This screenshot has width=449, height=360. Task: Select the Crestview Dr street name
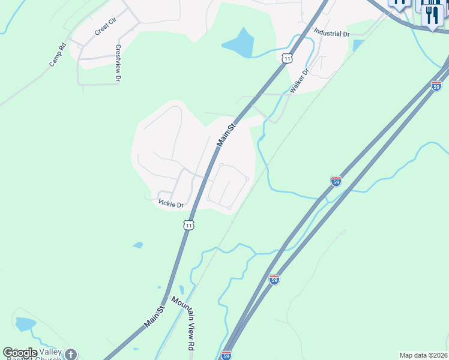118,63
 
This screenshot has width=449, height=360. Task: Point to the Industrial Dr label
331,34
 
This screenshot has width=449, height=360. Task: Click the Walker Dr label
299,81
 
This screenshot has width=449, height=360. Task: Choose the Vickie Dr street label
171,204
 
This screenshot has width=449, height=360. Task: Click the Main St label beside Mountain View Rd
154,316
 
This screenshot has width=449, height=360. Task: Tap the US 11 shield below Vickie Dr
189,225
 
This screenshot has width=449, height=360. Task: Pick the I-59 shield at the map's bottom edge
226,355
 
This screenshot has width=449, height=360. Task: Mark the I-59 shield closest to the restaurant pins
436,86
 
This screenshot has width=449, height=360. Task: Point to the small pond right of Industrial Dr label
358,45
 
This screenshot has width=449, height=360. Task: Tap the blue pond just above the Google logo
26,325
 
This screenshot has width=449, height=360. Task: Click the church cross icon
71,355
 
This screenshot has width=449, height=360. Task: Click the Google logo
20,353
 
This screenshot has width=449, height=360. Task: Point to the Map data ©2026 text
423,355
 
